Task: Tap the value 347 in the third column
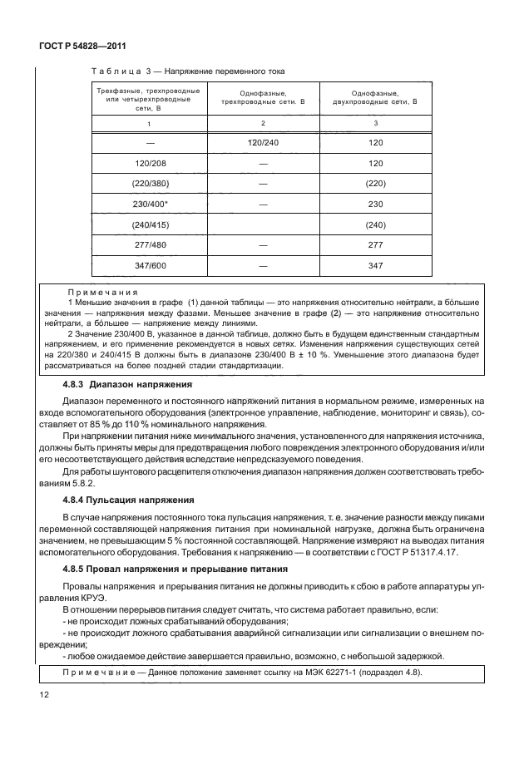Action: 374,266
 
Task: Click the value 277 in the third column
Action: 374,245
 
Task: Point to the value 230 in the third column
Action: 374,204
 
